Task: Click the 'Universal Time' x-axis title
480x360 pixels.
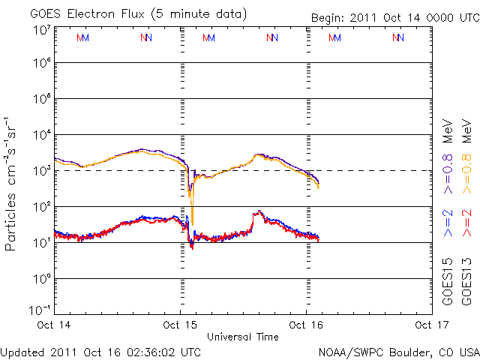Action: pyautogui.click(x=242, y=337)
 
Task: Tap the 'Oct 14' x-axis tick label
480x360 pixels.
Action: pyautogui.click(x=54, y=325)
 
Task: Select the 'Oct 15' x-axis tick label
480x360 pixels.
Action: pyautogui.click(x=180, y=325)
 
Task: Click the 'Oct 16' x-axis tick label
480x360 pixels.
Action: pyautogui.click(x=306, y=325)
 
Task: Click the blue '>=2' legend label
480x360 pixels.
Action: pyautogui.click(x=448, y=223)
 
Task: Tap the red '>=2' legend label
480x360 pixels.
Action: pyautogui.click(x=466, y=223)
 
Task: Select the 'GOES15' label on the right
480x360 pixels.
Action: pyautogui.click(x=448, y=283)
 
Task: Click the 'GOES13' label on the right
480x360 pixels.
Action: pyautogui.click(x=466, y=283)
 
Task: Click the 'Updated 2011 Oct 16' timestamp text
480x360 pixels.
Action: pyautogui.click(x=101, y=351)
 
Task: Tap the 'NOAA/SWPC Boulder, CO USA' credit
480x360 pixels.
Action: pyautogui.click(x=398, y=351)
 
